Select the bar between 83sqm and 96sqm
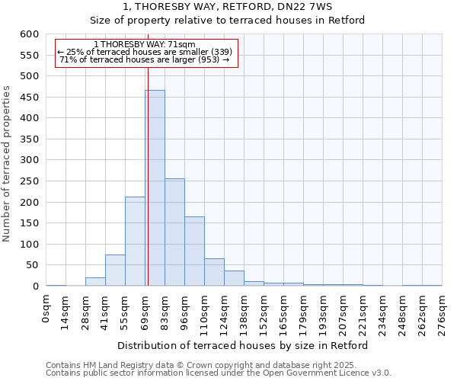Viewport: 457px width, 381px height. pos(174,232)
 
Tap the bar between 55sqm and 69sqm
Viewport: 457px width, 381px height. pos(135,241)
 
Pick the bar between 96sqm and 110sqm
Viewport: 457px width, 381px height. pos(194,251)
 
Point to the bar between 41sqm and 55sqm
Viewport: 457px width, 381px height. pos(115,271)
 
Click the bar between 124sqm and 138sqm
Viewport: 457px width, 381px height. pos(234,278)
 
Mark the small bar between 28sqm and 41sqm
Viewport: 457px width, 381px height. pos(95,282)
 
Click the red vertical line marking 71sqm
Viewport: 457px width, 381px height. pos(148,190)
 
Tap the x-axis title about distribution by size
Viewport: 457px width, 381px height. pos(244,345)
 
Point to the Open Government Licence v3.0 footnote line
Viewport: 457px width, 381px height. pos(219,373)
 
